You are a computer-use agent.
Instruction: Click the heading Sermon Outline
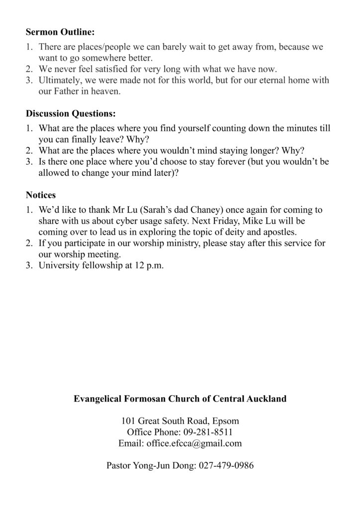tap(60, 33)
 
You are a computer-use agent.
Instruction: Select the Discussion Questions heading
tap(71, 113)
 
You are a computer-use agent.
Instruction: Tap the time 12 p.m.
tap(148, 266)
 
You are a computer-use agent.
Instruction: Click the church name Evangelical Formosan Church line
tap(180, 399)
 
